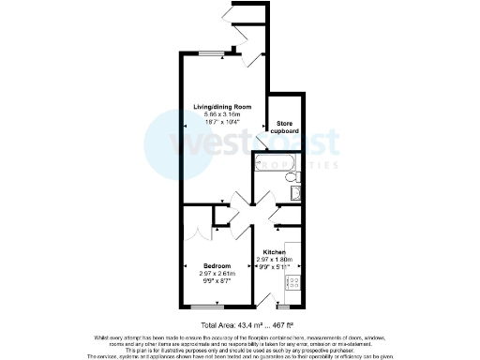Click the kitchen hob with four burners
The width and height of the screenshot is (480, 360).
pos(292,281)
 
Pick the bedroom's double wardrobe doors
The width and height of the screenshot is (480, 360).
pos(196,231)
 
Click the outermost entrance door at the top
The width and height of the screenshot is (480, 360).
pos(231,11)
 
